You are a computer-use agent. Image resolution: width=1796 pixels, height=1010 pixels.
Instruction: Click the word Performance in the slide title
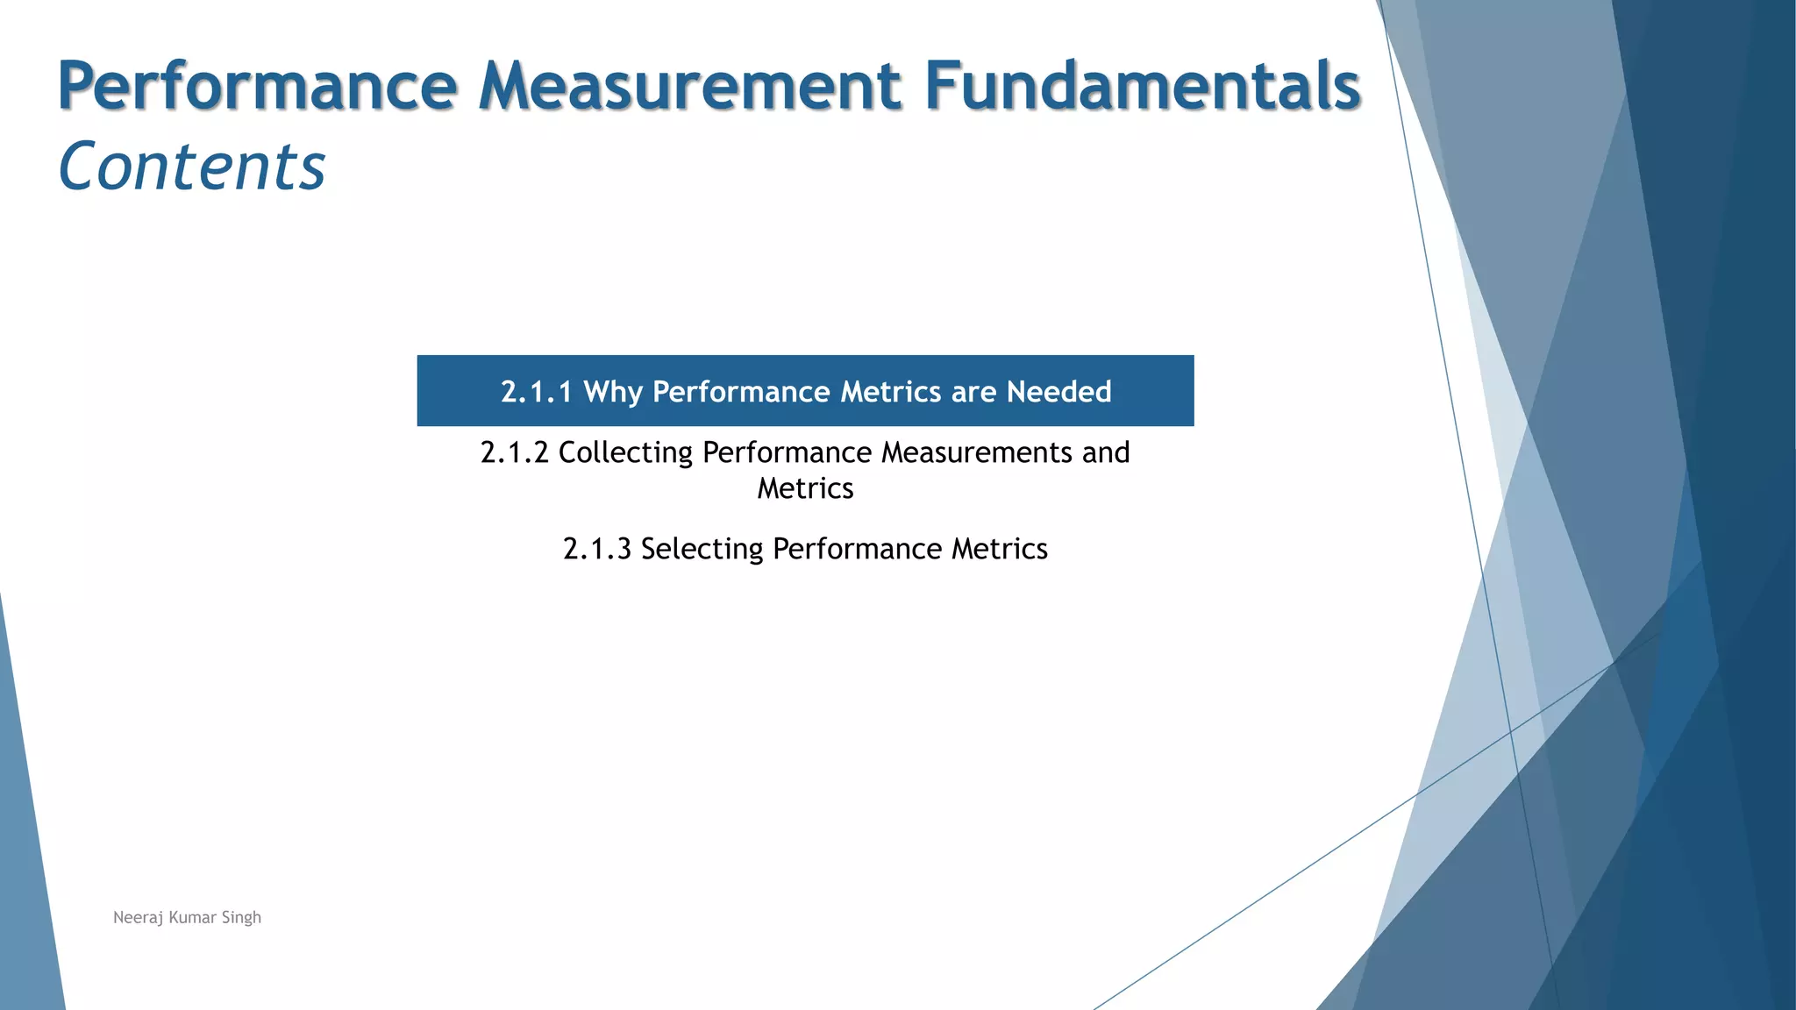pos(258,86)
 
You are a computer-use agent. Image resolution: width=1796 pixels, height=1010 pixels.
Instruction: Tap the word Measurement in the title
pos(690,86)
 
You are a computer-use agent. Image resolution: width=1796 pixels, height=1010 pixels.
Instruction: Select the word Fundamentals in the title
pos(1142,86)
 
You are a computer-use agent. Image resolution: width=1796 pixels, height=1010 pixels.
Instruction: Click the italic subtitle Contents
pos(192,167)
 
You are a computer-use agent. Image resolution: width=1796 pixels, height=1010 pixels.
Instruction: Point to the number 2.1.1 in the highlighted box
pos(536,392)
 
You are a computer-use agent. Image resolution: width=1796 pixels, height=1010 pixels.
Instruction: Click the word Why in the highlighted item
pos(613,392)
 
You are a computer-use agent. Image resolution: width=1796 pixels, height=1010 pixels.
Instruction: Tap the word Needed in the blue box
pos(1058,392)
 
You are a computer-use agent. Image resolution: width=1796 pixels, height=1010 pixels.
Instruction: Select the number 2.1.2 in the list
pos(515,452)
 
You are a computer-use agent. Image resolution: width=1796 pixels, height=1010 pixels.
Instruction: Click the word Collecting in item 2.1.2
pos(625,453)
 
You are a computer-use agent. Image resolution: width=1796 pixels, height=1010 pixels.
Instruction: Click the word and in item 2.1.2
pos(1106,452)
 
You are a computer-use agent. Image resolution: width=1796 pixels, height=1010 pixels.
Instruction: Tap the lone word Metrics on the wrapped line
pos(805,488)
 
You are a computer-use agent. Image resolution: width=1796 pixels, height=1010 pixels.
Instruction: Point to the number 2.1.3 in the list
pos(597,549)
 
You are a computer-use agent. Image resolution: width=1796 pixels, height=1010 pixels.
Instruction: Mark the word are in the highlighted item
pos(973,392)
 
